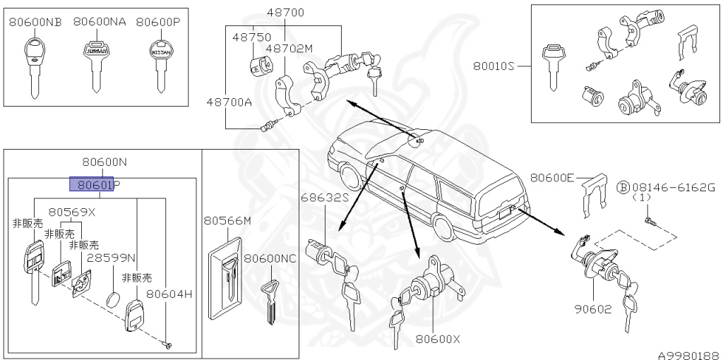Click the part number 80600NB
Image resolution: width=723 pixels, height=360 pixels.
pos(35,22)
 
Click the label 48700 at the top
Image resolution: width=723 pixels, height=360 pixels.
pos(285,13)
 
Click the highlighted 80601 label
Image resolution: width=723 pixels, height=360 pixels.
pos(92,185)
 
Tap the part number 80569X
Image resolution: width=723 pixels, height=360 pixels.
pos(72,211)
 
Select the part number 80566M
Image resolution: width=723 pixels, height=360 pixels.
pos(227,221)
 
